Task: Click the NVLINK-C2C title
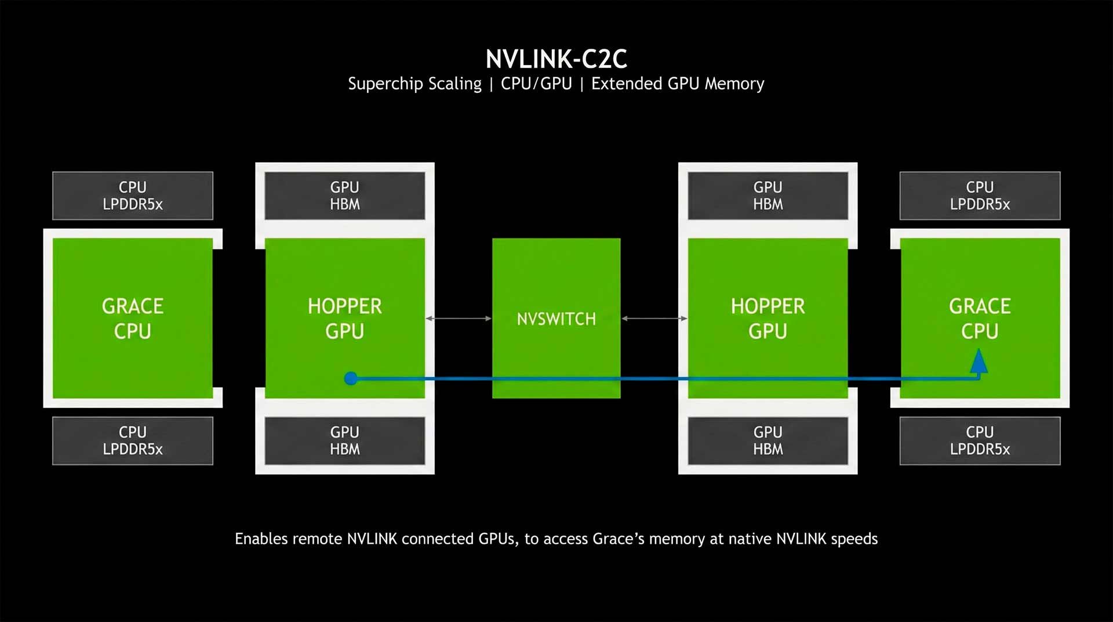pyautogui.click(x=556, y=59)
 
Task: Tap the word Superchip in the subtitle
pyautogui.click(x=385, y=84)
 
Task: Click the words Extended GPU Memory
pyautogui.click(x=677, y=84)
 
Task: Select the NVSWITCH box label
pyautogui.click(x=556, y=319)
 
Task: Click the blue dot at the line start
pyautogui.click(x=351, y=378)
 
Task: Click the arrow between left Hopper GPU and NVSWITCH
pyautogui.click(x=459, y=319)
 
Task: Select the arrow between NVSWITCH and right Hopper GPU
pyautogui.click(x=654, y=319)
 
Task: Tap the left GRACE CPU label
pyautogui.click(x=133, y=318)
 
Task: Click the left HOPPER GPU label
pyautogui.click(x=345, y=318)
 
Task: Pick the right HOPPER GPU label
pyautogui.click(x=768, y=318)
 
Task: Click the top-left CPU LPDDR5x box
pyautogui.click(x=133, y=196)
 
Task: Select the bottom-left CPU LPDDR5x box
pyautogui.click(x=133, y=440)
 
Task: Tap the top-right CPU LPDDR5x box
pyautogui.click(x=980, y=196)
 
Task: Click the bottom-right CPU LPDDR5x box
pyautogui.click(x=980, y=440)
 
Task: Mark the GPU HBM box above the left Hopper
pyautogui.click(x=345, y=196)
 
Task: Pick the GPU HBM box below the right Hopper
pyautogui.click(x=768, y=440)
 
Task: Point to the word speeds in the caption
pyautogui.click(x=854, y=539)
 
